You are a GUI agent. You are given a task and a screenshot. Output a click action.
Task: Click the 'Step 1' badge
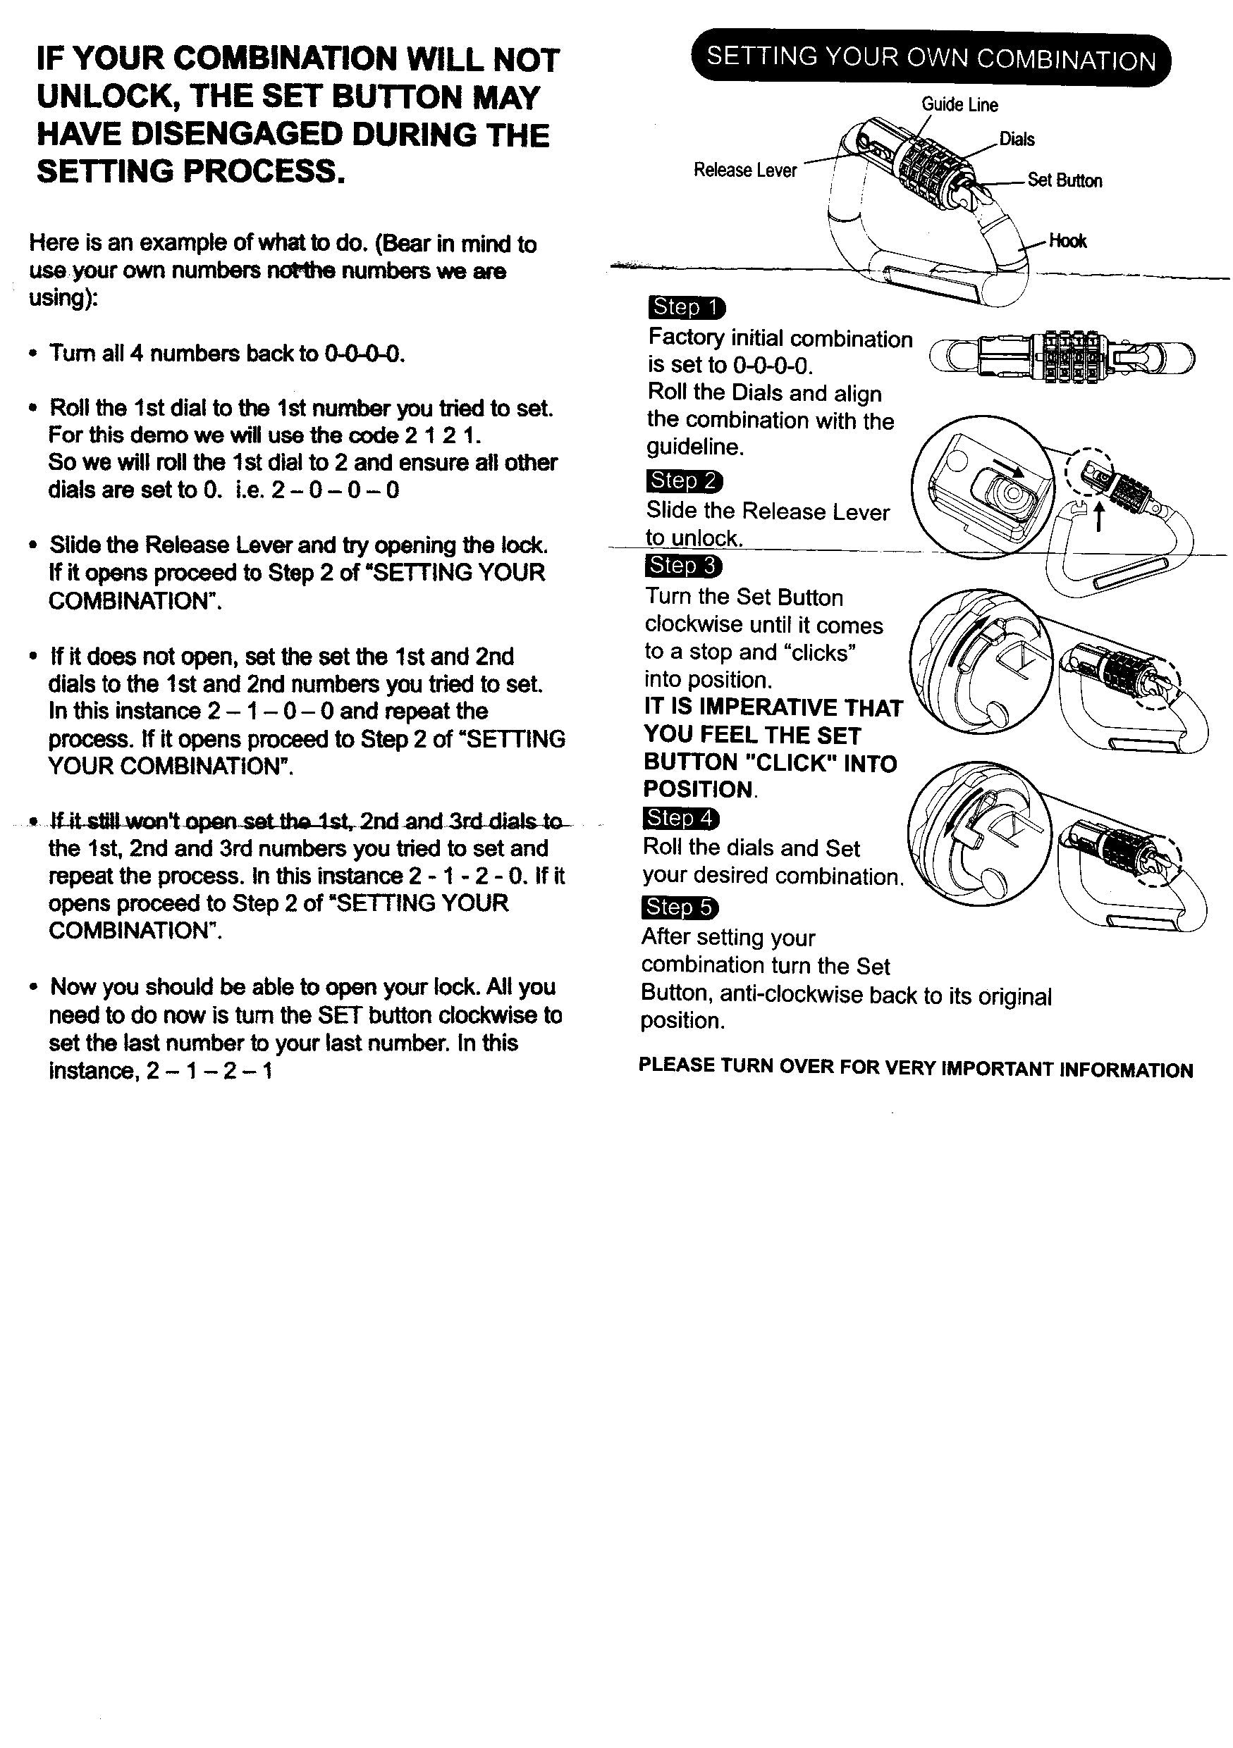tap(686, 308)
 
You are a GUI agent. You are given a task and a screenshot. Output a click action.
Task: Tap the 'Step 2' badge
tap(684, 481)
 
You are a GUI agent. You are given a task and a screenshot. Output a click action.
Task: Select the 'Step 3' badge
tap(683, 566)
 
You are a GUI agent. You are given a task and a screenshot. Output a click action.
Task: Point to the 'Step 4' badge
tap(681, 819)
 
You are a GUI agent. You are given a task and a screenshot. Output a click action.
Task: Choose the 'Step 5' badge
tap(680, 907)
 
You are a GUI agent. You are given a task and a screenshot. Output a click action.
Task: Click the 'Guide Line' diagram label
tap(959, 105)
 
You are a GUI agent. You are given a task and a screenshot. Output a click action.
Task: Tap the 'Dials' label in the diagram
tap(1017, 140)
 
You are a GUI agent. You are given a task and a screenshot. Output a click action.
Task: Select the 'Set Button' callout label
tap(1065, 180)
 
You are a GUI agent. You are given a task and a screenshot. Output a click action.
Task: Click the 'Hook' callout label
tap(1068, 242)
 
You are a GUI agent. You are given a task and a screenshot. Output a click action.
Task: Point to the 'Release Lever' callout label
tap(745, 171)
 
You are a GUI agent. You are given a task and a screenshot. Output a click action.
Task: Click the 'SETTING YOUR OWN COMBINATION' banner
tap(931, 59)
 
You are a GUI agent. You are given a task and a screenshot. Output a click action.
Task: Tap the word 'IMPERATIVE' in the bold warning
tap(767, 708)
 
